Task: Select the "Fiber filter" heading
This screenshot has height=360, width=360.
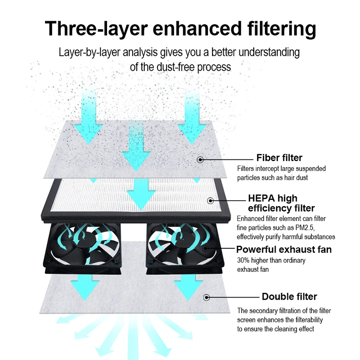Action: point(279,157)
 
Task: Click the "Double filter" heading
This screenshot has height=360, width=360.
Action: point(289,297)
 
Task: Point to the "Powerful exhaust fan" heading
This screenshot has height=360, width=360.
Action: point(284,249)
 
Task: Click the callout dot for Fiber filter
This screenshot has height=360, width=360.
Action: point(200,158)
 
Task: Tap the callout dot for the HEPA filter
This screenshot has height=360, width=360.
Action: point(209,201)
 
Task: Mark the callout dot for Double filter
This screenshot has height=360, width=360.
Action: point(207,297)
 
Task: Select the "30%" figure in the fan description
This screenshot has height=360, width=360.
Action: point(243,261)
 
